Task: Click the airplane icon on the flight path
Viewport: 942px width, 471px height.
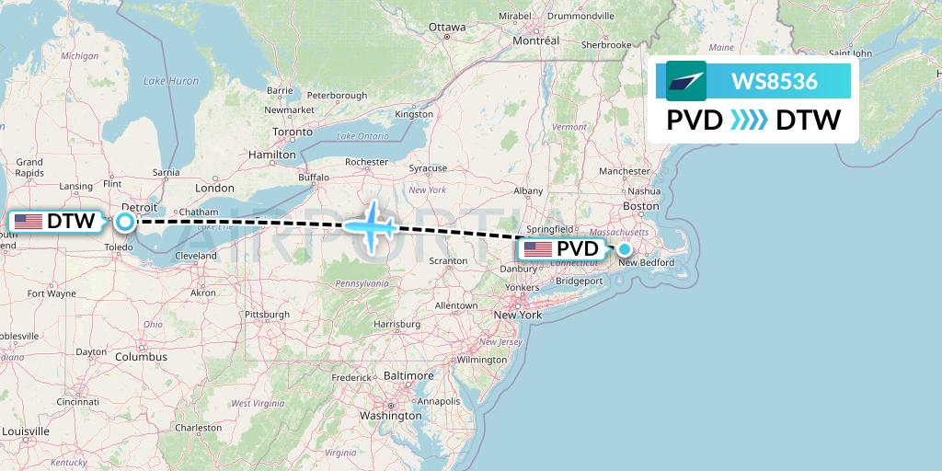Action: pos(372,225)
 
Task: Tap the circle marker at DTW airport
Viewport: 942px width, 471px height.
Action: pos(124,222)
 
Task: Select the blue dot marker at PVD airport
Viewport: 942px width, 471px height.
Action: pos(625,249)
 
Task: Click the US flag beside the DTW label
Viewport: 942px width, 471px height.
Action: pos(29,222)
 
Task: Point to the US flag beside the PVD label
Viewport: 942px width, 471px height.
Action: pos(538,249)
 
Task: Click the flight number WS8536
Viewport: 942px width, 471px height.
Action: pos(774,82)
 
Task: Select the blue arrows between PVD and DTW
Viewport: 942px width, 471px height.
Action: pos(749,120)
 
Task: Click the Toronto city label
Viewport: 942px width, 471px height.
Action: pos(293,132)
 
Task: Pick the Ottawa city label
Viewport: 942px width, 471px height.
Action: pos(447,27)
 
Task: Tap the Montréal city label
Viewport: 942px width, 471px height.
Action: pos(535,41)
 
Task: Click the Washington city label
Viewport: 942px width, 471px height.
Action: pos(390,415)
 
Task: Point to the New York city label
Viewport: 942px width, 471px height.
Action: pos(517,315)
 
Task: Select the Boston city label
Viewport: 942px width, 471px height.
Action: pos(640,206)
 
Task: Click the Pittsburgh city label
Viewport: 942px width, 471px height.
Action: pos(267,315)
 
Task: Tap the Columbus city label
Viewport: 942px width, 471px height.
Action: pos(141,357)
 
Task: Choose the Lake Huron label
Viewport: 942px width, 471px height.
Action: pos(171,81)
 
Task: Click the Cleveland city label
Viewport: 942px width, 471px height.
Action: pos(195,256)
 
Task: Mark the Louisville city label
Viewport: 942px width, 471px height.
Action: pos(26,431)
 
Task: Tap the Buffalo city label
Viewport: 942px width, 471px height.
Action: pos(314,177)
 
